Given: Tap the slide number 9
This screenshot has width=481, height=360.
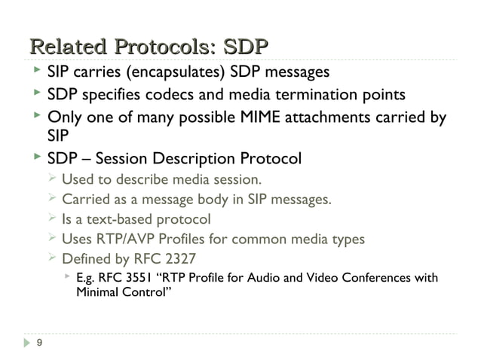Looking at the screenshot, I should point(39,343).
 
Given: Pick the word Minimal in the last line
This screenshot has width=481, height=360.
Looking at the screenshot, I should point(98,292).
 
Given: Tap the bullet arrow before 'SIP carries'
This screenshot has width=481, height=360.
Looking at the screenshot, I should point(35,72).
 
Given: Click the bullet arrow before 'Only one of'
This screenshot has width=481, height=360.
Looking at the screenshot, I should point(35,117).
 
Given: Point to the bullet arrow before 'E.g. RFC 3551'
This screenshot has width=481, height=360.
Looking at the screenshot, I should point(68,277).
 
